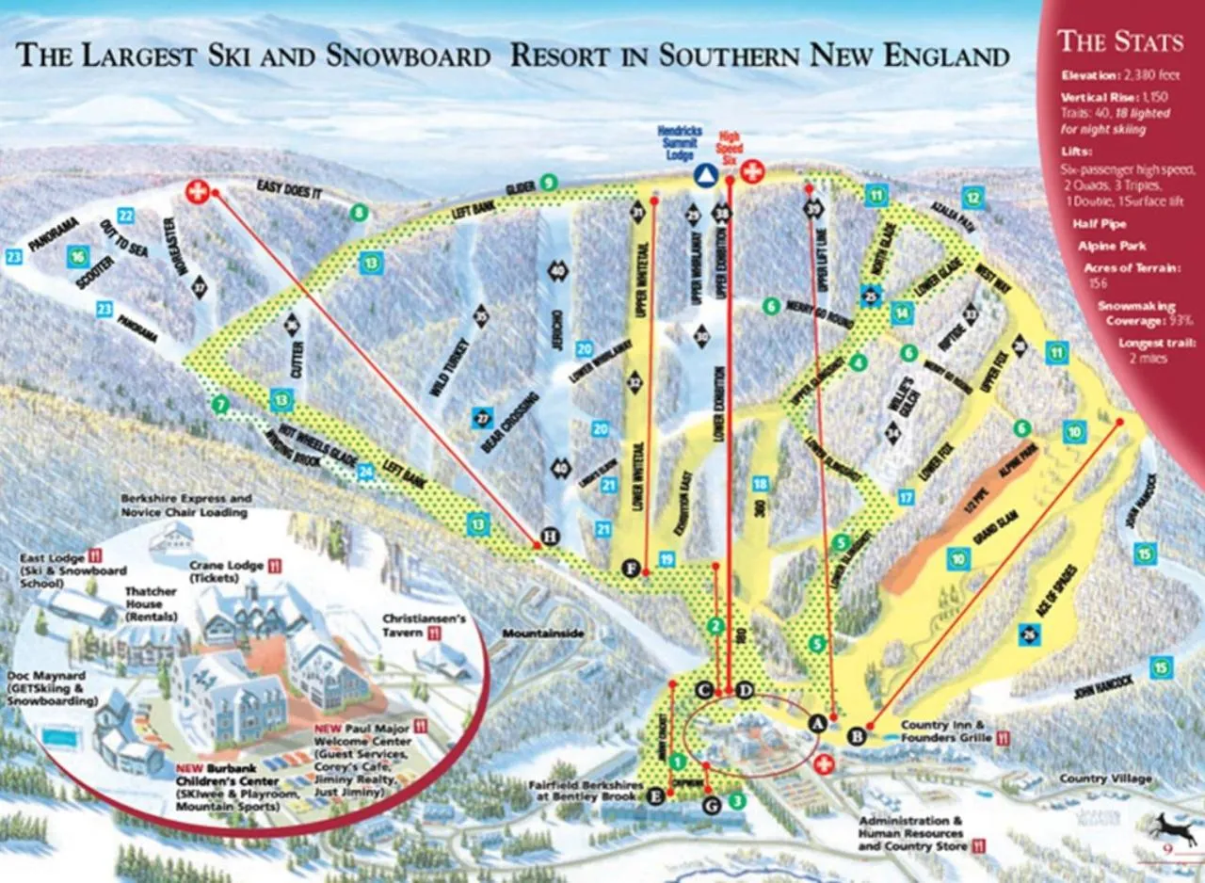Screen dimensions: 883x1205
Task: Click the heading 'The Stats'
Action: coord(1120,41)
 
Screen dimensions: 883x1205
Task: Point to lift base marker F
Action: coord(633,568)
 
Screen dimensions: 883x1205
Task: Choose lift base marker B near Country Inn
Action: coord(857,735)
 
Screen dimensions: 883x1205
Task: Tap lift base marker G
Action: coord(712,803)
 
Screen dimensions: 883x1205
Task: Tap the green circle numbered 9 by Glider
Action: coord(547,182)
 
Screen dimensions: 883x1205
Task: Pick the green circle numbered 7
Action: coord(220,405)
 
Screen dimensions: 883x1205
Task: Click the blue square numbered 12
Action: coord(972,198)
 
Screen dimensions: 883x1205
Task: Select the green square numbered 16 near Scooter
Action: coord(78,257)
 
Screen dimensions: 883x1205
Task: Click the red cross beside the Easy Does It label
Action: coord(197,191)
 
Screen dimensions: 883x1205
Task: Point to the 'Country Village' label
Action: coord(1105,779)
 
